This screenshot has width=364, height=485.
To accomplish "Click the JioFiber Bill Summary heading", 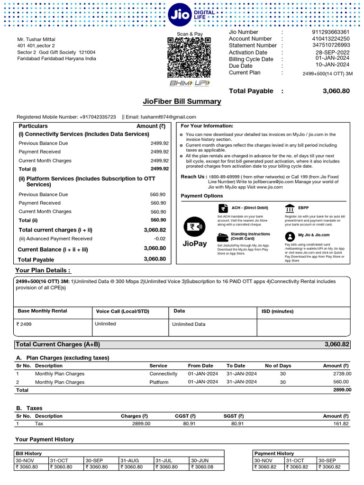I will (182, 101).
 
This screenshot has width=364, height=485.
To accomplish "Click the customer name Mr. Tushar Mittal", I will (36, 39).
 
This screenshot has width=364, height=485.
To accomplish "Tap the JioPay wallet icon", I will (194, 226).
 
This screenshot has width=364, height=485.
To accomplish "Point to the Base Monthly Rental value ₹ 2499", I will (25, 324).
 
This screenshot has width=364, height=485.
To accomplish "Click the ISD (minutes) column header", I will (278, 311).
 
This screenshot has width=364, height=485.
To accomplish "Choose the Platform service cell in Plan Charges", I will (159, 382).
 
